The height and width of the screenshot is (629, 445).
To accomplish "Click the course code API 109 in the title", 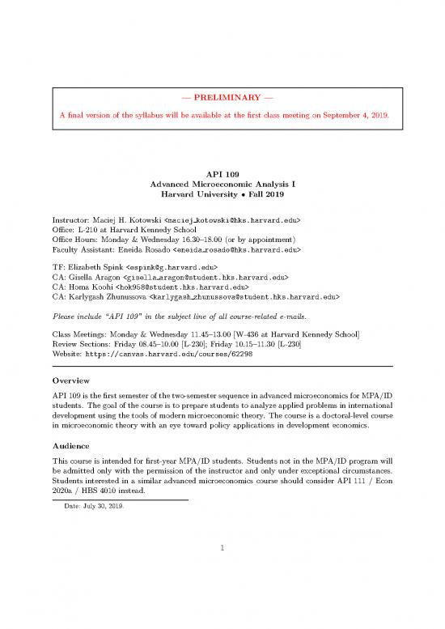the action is tap(222, 172).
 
